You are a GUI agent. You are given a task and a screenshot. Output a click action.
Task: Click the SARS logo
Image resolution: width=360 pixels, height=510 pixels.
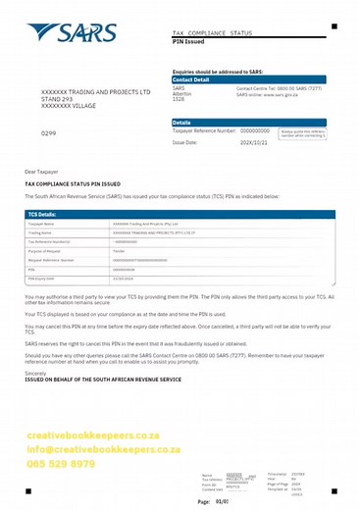point(75,36)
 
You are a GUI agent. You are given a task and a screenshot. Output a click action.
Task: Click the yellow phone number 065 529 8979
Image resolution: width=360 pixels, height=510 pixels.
point(61,464)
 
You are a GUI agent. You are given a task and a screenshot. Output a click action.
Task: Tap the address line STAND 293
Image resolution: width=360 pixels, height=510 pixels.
point(56,99)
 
